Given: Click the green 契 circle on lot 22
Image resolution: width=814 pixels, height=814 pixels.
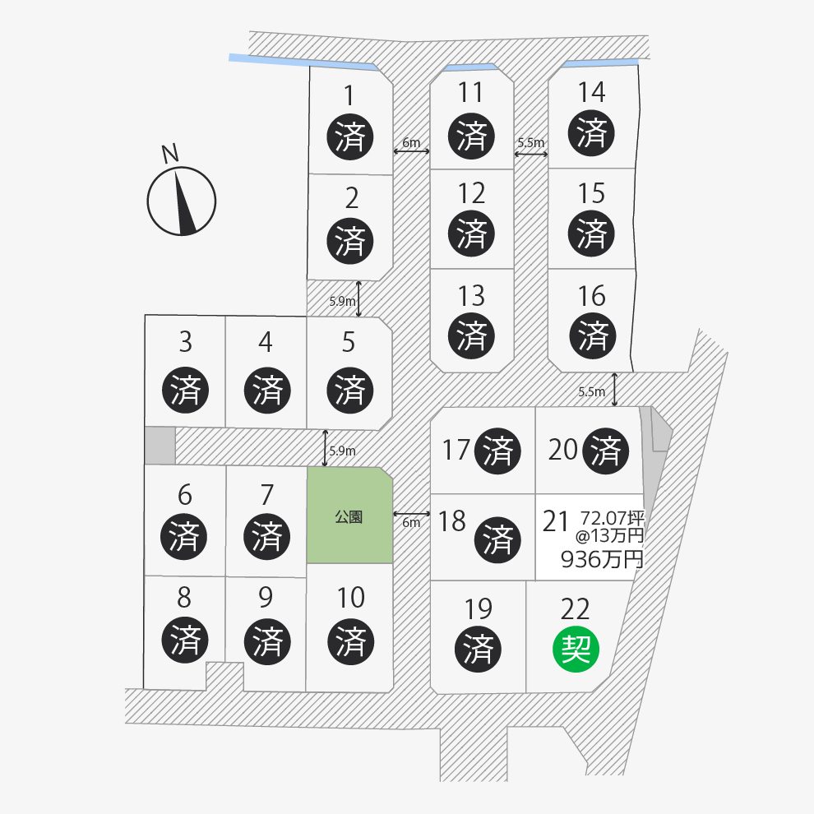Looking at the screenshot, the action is (x=576, y=650).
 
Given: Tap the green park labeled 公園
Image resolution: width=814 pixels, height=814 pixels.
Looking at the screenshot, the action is (x=349, y=515).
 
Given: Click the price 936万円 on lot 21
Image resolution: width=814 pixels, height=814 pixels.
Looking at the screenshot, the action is (x=602, y=559).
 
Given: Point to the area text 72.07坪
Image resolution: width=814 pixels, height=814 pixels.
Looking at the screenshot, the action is (x=613, y=517).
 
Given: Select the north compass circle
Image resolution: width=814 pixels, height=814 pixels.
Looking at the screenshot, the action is (x=181, y=201).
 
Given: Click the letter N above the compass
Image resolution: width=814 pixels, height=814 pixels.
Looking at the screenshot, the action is (x=169, y=153).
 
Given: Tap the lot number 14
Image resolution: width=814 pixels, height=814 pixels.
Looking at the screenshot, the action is (x=591, y=92).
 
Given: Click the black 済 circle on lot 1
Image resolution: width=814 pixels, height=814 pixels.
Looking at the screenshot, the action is (x=350, y=136).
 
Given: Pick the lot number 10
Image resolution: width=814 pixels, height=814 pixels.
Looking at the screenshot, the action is (x=351, y=598).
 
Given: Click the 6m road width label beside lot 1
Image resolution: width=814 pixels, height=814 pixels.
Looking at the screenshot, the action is (x=411, y=142).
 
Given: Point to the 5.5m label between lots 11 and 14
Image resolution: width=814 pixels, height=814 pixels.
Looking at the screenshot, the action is (x=531, y=142).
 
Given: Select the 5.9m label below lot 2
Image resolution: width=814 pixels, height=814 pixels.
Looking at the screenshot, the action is (x=343, y=301).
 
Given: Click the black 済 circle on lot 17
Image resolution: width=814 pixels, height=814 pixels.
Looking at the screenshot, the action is (x=497, y=451).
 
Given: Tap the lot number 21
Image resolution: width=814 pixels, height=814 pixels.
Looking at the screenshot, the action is (x=556, y=521).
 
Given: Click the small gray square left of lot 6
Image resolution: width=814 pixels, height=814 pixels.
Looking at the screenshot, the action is (x=160, y=446).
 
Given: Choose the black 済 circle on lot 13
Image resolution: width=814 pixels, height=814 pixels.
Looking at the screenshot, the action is (x=471, y=335).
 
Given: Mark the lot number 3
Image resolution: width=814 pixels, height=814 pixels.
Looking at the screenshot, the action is (x=185, y=342).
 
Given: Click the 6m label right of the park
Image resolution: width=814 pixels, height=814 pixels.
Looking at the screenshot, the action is (x=411, y=522).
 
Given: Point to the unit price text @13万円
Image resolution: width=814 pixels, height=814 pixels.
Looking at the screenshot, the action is (x=609, y=535).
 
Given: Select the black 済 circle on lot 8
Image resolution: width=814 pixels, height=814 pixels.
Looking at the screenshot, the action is (x=185, y=640).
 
